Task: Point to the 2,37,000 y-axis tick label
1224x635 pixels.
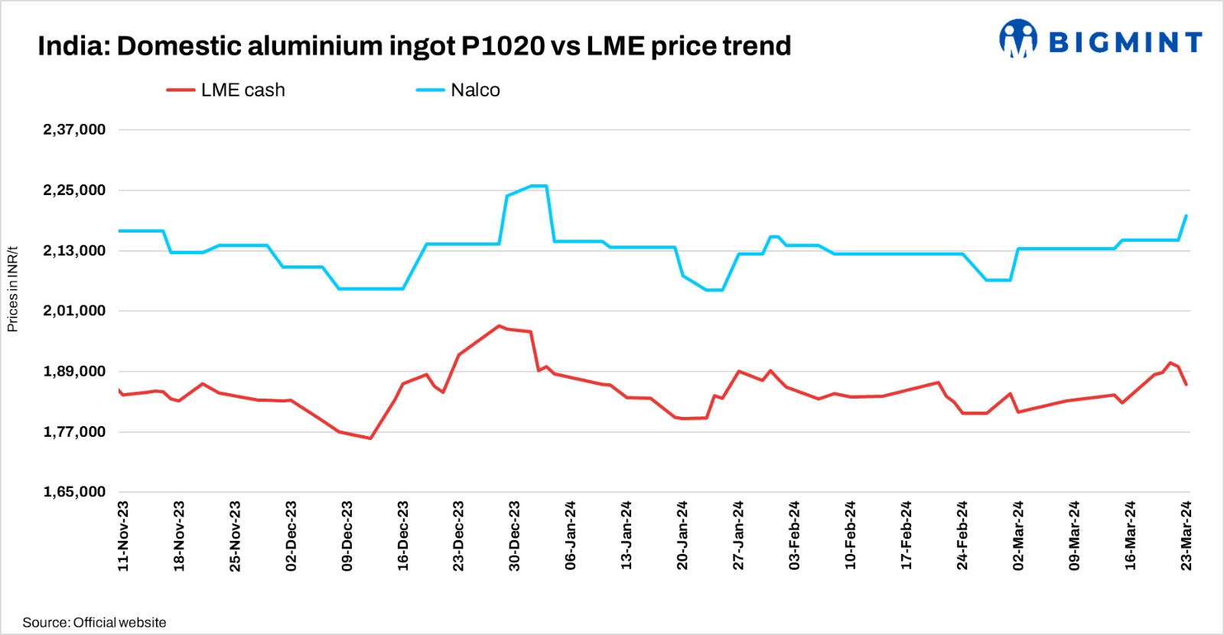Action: [x=74, y=129]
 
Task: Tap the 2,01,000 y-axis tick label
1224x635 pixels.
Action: [x=74, y=311]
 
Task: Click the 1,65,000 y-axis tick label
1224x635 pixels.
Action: [x=74, y=492]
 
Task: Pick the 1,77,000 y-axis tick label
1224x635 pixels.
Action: [x=74, y=431]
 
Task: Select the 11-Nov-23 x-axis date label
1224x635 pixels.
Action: [x=123, y=536]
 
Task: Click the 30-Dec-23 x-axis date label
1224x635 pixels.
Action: [x=514, y=536]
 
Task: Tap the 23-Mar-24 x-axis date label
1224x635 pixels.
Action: [x=1186, y=536]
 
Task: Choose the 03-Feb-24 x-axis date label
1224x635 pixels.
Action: [x=794, y=536]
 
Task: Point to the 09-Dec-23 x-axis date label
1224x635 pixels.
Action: [x=347, y=536]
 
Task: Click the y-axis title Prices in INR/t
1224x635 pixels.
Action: [x=12, y=289]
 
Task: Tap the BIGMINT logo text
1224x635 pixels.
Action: [x=1125, y=42]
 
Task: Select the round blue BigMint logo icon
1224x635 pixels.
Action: [x=1018, y=38]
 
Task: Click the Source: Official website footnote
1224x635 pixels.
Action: [x=94, y=622]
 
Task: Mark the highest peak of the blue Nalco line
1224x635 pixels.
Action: [x=538, y=186]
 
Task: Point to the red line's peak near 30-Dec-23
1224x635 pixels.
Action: [x=499, y=326]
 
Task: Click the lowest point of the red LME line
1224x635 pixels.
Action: [x=370, y=438]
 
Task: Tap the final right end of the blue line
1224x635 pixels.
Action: [x=1186, y=216]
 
